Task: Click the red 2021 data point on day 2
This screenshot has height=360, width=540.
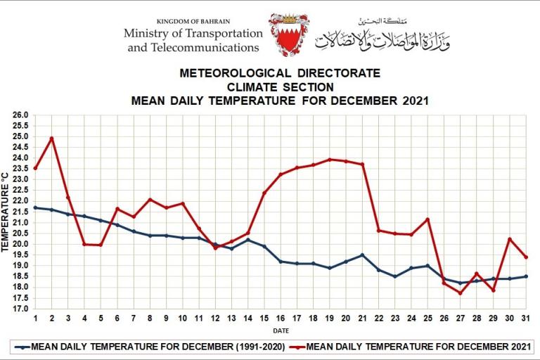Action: coord(51,139)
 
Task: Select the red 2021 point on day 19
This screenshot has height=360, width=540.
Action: coord(329,160)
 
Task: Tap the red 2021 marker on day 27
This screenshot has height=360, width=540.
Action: coord(460,293)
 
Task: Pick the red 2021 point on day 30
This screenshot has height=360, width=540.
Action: coord(509,239)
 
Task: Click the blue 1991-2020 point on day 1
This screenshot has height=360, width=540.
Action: coord(35,207)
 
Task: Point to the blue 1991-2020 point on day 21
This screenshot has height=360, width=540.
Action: coord(362,255)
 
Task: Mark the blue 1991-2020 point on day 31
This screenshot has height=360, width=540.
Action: coord(525,276)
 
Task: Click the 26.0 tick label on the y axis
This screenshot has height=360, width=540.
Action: coord(20,115)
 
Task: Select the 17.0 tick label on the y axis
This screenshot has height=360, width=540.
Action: coord(20,309)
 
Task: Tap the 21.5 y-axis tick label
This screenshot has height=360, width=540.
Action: coord(20,212)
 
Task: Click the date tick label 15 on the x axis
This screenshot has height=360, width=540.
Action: coord(264,318)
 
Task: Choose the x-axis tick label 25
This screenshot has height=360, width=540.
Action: coord(427,318)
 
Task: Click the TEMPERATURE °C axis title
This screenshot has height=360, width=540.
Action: coord(6,212)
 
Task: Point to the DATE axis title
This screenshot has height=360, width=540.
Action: coord(280,329)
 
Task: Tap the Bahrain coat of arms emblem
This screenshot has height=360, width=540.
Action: coord(288,34)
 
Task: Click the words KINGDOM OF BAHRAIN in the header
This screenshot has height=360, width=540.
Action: coord(193,22)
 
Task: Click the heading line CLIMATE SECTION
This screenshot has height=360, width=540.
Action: coord(280,86)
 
